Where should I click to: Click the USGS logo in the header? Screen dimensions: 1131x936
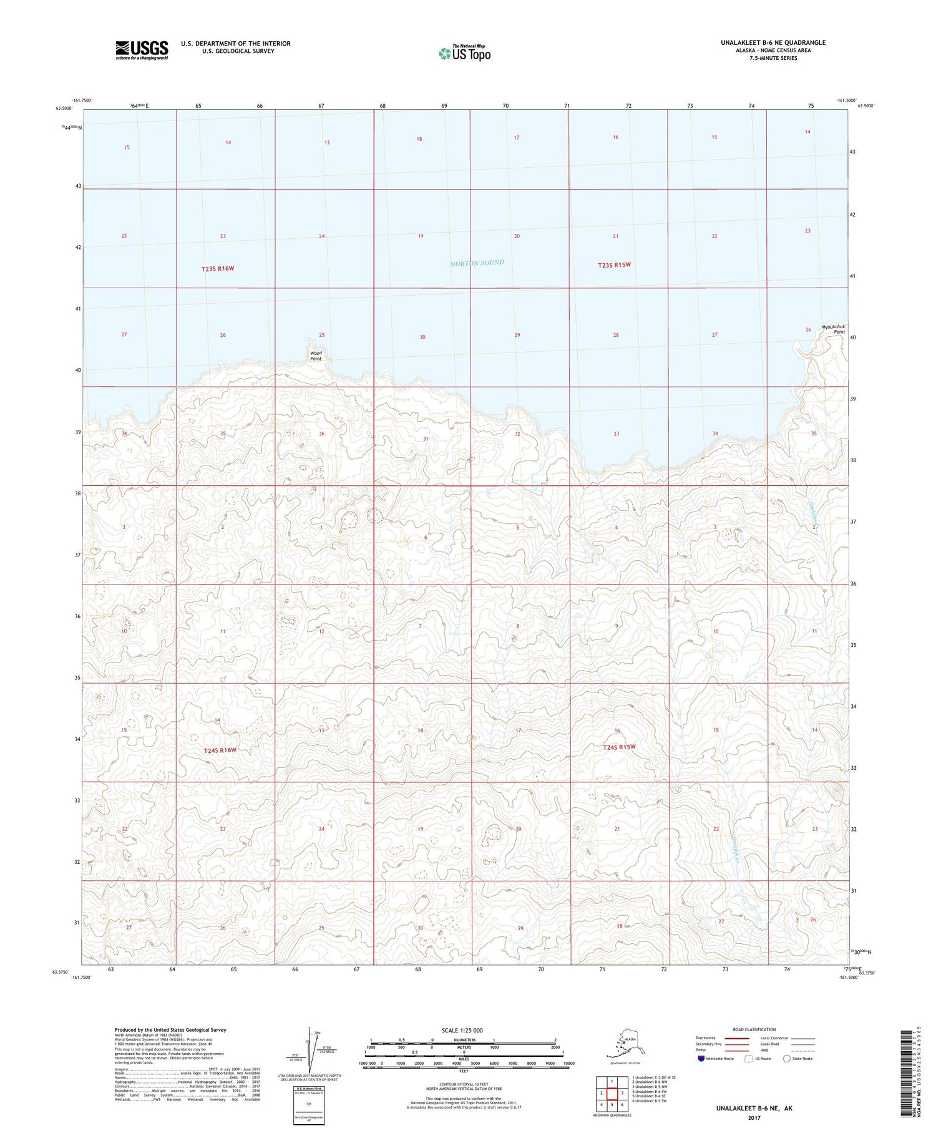(x=142, y=50)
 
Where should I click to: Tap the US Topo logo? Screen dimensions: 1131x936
(x=465, y=53)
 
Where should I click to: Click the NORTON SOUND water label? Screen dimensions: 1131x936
(x=477, y=263)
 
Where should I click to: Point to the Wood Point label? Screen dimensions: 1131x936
(x=316, y=356)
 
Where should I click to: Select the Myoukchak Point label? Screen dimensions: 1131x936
(x=833, y=329)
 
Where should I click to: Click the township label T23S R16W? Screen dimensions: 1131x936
(x=217, y=268)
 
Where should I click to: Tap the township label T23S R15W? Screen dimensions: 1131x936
(x=614, y=265)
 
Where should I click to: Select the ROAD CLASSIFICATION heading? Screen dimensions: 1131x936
(x=754, y=1029)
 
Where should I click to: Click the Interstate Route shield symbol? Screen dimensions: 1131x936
(x=701, y=1059)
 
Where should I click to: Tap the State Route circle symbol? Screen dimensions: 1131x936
(x=787, y=1059)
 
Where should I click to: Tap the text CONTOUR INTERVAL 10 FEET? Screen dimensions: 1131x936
(x=464, y=1084)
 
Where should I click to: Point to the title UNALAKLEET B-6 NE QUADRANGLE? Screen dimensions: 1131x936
(x=773, y=42)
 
